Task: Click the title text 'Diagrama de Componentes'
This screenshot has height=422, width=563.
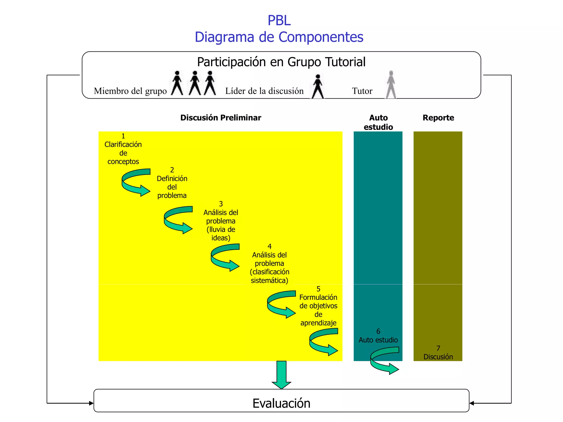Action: pyautogui.click(x=279, y=37)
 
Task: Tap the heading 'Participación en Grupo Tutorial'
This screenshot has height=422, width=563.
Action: pyautogui.click(x=281, y=62)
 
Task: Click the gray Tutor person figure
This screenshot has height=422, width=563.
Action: pyautogui.click(x=391, y=85)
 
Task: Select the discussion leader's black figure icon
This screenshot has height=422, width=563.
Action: pyautogui.click(x=318, y=86)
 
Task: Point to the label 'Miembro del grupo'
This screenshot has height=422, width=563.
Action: pyautogui.click(x=130, y=91)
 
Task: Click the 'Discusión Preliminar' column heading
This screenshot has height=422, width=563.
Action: pyautogui.click(x=220, y=118)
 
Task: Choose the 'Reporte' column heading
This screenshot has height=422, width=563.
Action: pyautogui.click(x=438, y=118)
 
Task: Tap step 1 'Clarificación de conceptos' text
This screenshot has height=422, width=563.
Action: pyautogui.click(x=123, y=149)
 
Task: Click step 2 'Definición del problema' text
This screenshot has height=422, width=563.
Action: pyautogui.click(x=172, y=183)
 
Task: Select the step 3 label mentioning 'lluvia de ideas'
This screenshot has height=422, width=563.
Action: pyautogui.click(x=221, y=221)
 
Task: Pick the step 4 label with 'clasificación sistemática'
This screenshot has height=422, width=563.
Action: pyautogui.click(x=269, y=263)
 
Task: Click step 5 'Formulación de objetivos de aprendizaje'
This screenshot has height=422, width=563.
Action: pyautogui.click(x=318, y=306)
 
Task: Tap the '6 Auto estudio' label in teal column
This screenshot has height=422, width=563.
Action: pyautogui.click(x=378, y=336)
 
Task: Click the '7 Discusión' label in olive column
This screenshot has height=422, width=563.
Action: pyautogui.click(x=438, y=353)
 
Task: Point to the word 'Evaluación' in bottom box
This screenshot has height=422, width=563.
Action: pyautogui.click(x=281, y=403)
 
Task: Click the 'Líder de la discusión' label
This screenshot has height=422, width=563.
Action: pyautogui.click(x=264, y=91)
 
